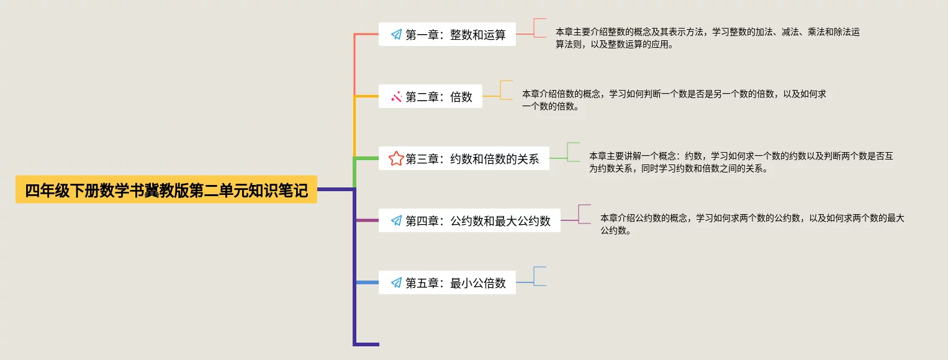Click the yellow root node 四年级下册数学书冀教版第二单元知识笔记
click(166, 191)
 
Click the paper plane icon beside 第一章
click(396, 35)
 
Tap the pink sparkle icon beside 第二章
click(396, 97)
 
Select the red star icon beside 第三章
click(396, 159)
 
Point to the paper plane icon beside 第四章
click(396, 221)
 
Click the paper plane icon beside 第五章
click(396, 283)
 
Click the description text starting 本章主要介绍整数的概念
click(707, 38)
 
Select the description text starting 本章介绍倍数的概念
click(674, 100)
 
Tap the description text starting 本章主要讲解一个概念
click(741, 162)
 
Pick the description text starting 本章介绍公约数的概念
click(752, 224)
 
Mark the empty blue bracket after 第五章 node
click(539, 276)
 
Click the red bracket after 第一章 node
click(539, 28)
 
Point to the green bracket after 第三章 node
click(572, 152)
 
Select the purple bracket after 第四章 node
click(584, 214)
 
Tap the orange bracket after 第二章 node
click(505, 90)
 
